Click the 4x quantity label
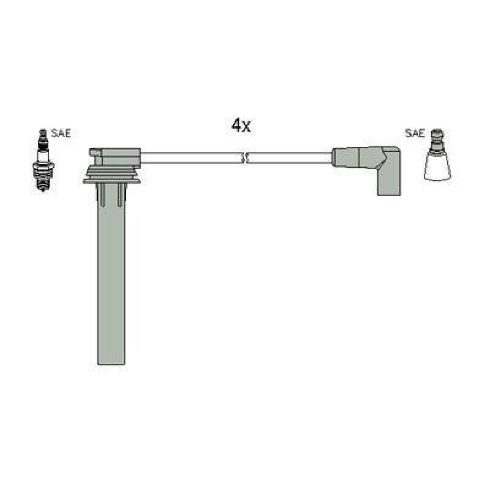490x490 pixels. (241, 126)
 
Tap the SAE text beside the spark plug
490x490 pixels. (61, 134)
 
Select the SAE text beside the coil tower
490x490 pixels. (415, 134)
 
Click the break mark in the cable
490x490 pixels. (244, 158)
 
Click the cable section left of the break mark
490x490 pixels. (190, 158)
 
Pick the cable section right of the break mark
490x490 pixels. (288, 158)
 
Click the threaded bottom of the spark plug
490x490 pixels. (42, 182)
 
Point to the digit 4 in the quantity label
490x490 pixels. (236, 126)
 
